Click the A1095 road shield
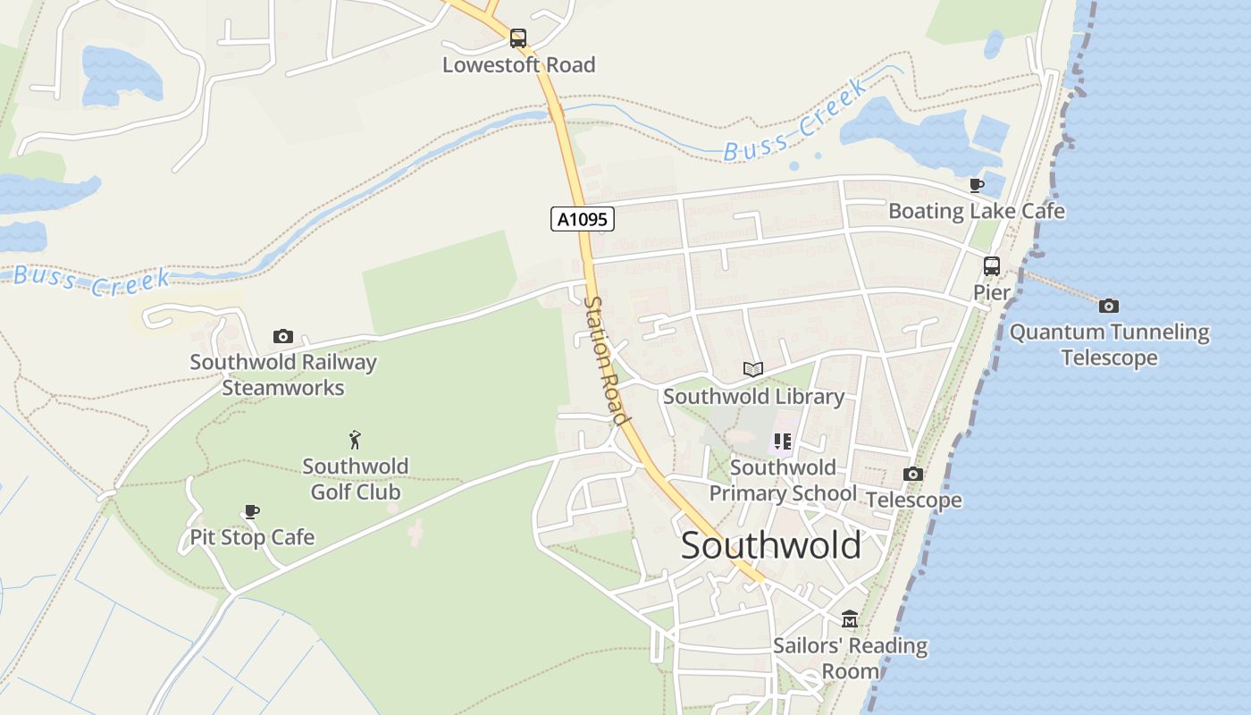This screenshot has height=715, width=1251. coord(582,219)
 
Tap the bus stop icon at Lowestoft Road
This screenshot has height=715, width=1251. coord(518,38)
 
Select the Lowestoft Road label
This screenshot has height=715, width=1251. coord(518,65)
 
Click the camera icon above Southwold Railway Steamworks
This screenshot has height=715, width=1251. coord(283,337)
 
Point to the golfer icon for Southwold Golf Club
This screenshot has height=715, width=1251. coord(356,440)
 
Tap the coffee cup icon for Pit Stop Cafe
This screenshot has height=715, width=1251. coord(252,512)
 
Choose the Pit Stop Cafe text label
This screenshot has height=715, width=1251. coord(252,537)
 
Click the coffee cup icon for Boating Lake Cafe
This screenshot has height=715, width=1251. coord(977,186)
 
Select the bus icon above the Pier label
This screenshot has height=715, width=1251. coord(991,265)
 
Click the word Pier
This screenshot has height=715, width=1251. coord(991,292)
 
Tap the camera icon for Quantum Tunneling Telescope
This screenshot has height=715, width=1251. coord(1108,306)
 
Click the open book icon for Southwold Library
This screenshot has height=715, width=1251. coord(753,369)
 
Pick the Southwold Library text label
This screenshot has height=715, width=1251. coord(753,396)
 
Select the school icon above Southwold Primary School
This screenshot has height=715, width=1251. coord(783,441)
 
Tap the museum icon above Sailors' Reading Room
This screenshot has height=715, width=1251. coord(849,619)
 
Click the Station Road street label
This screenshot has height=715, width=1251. coord(605,360)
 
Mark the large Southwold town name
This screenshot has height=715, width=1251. coord(771,545)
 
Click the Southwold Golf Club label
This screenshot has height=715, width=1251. coord(356,479)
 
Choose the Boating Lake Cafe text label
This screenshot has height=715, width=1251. coord(976,211)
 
